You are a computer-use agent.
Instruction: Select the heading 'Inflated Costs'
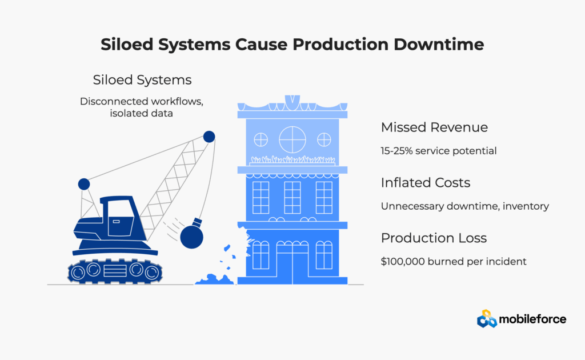coord(426,183)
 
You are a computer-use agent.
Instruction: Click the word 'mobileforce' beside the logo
coord(532,319)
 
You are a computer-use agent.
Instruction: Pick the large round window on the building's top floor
coord(292,139)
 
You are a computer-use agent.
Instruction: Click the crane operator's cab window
coord(120,218)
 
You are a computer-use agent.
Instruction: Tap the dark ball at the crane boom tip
coord(209,137)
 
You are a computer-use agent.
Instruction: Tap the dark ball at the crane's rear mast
coord(84,184)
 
